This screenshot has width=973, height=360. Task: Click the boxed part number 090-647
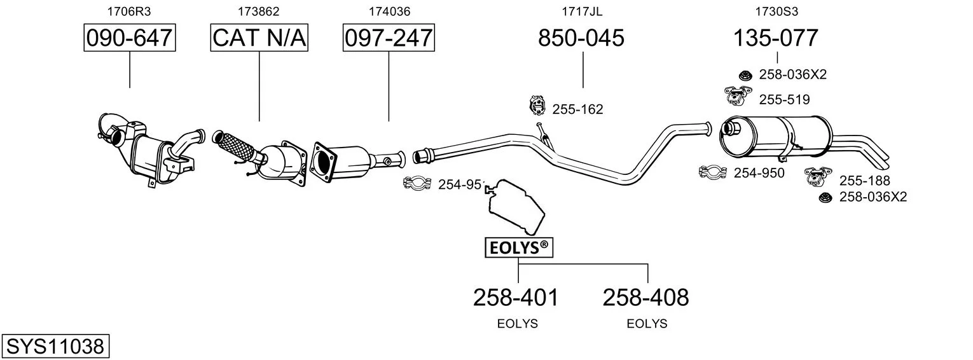(130, 38)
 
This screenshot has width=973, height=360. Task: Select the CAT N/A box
(259, 38)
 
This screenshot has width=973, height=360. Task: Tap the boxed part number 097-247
(389, 38)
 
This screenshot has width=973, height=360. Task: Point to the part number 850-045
(581, 38)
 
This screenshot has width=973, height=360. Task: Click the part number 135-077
(776, 38)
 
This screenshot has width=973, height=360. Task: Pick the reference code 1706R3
(129, 11)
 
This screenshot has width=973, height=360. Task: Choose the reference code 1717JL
(582, 11)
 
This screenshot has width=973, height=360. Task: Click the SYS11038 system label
(55, 347)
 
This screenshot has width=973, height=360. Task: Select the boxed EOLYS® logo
(519, 247)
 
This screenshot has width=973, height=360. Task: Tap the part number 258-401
(516, 298)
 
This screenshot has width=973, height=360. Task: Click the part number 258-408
(645, 298)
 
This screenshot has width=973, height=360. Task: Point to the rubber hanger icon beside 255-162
(537, 106)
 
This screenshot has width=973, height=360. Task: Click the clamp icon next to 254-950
(713, 172)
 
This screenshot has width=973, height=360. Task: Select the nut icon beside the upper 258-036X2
(745, 75)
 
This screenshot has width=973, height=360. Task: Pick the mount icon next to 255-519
(738, 95)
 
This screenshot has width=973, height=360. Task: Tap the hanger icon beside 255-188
(818, 176)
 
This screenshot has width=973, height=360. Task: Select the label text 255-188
(864, 181)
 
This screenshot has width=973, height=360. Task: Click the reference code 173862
(258, 11)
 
